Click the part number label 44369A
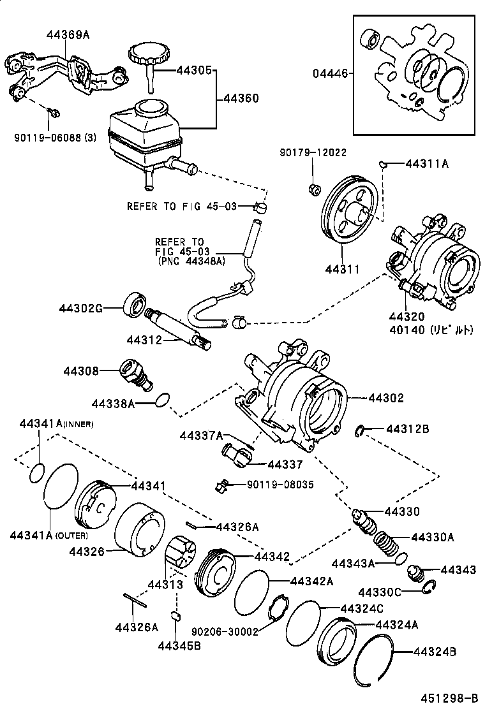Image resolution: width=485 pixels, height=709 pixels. pyautogui.click(x=68, y=36)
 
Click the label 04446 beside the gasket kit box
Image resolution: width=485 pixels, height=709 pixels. pyautogui.click(x=330, y=73)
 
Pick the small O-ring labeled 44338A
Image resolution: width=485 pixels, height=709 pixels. pyautogui.click(x=163, y=400)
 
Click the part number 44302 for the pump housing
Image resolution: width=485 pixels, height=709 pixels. pyautogui.click(x=385, y=398)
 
